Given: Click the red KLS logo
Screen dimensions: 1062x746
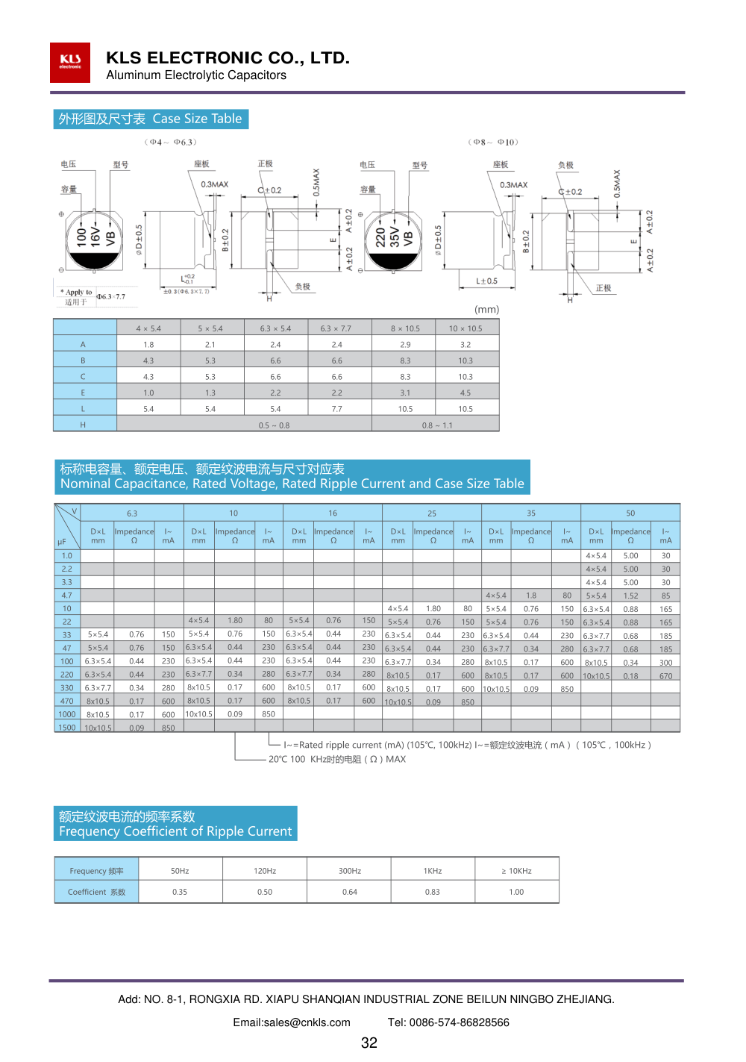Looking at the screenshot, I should pos(70,62).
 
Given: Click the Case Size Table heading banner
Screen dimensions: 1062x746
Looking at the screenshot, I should pos(151,119).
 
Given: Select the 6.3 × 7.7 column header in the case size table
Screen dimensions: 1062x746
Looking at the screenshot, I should pos(336,328).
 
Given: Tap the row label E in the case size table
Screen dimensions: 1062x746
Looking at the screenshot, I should pos(83,393).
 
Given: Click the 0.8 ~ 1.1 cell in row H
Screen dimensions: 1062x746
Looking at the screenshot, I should pos(437,425).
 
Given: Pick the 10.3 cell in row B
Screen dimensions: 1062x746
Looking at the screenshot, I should pos(466,360).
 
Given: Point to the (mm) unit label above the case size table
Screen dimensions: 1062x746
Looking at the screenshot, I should pos(486,309).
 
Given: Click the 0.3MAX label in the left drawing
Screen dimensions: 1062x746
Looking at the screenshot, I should pos(215,184).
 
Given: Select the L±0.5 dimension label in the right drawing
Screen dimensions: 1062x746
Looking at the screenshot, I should pos(486,281).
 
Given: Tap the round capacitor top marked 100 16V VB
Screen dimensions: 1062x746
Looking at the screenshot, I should pos(94,238).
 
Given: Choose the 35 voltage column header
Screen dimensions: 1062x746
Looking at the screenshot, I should pos(531,513).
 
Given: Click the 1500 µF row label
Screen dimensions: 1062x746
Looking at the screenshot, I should pos(67,728).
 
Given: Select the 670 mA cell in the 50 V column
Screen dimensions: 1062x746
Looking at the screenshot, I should pos(665,676).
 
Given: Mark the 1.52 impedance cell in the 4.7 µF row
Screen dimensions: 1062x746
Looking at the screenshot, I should pos(630,596).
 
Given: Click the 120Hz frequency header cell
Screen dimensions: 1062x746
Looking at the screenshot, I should pos(265,871).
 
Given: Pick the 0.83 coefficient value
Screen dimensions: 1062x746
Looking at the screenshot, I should pos(433,892).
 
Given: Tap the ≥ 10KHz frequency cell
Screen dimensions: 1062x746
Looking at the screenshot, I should pos(516,871).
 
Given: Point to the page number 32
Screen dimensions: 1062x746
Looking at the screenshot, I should pos(369,1043).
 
